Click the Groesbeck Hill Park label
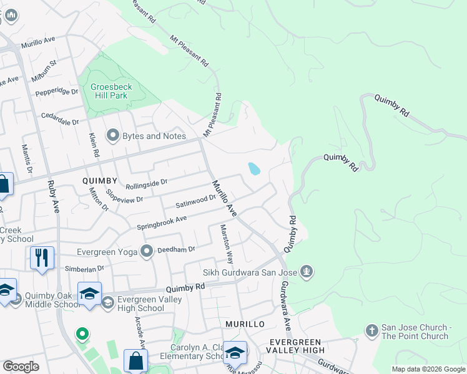(109, 91)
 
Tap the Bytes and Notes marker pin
(113, 135)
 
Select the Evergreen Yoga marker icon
(147, 252)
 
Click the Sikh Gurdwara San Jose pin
(306, 272)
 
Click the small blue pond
(254, 169)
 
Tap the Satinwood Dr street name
(195, 201)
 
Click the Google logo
(21, 367)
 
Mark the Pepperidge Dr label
(57, 91)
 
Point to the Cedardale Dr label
(60, 115)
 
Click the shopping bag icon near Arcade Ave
(135, 360)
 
